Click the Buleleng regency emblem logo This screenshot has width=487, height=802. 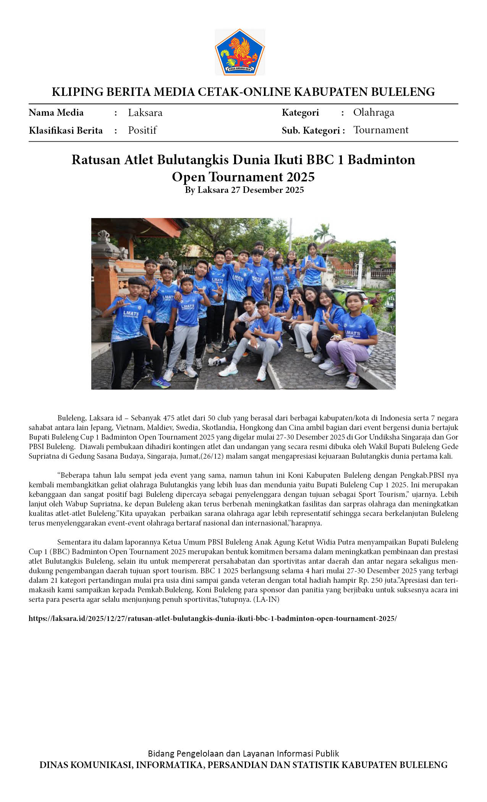[x=239, y=52]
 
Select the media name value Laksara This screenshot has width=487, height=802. [x=145, y=113]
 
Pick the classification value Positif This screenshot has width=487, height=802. [x=142, y=130]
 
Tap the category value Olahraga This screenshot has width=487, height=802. [x=373, y=112]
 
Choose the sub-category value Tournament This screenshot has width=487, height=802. [x=380, y=130]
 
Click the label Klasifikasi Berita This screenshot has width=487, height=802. [x=66, y=131]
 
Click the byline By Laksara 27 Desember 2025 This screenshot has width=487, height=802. [x=244, y=190]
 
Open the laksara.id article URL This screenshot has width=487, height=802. [x=212, y=618]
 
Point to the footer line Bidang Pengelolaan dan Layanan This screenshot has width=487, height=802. [x=243, y=753]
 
